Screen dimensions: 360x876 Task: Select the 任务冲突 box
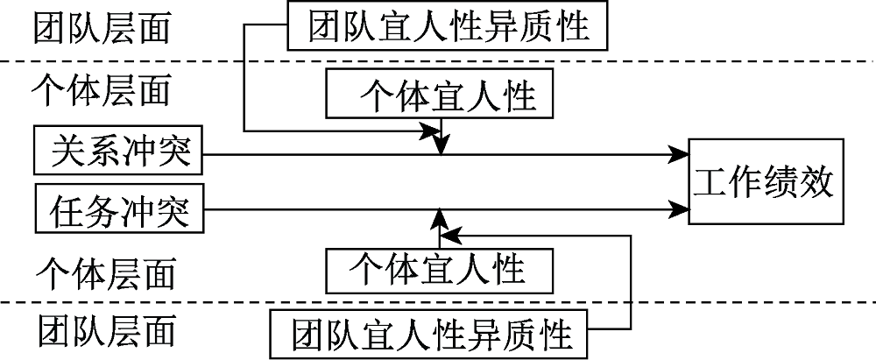pos(118,209)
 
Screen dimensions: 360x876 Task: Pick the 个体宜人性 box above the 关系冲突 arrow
pos(440,95)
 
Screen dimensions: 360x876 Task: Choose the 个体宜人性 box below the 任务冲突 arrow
pos(440,269)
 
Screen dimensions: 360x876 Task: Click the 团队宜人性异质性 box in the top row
pos(448,25)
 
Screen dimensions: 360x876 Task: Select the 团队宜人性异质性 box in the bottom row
pos(428,334)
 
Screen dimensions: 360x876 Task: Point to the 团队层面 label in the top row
pos(101,28)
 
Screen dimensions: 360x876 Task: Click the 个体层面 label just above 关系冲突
pos(101,88)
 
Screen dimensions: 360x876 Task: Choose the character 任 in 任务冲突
pos(67,209)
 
